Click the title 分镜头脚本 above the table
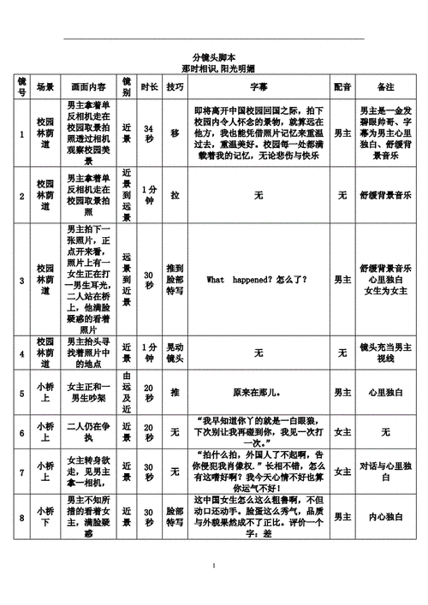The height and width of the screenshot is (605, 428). click(x=214, y=56)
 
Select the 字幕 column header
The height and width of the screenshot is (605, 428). click(x=258, y=86)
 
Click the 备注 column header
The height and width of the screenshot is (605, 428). click(x=386, y=86)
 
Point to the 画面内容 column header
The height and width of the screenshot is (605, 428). click(x=89, y=86)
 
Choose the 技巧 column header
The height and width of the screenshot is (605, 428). click(x=175, y=86)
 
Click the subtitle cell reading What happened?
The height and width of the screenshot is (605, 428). click(x=258, y=280)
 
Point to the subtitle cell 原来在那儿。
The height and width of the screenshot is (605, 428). click(x=258, y=392)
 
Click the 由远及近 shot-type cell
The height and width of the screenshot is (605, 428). click(x=127, y=392)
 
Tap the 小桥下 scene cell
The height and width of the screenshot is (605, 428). click(x=45, y=517)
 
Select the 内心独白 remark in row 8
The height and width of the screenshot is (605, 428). click(x=386, y=517)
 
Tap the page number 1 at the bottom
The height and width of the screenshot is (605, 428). click(x=214, y=566)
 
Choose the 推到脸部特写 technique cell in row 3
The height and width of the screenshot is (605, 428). click(x=175, y=280)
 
